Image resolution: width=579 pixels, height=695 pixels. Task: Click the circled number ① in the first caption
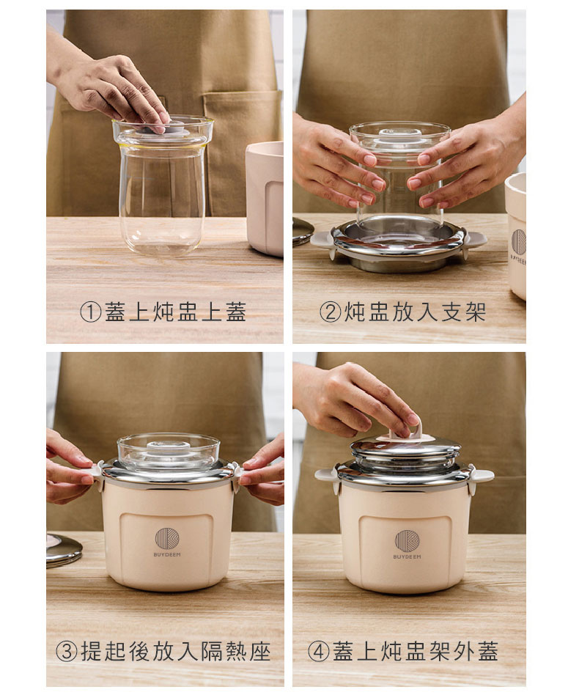pos(90,312)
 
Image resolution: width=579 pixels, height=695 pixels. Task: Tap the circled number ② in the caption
pos(330,312)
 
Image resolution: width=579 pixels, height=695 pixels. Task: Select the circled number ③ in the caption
pos(67,651)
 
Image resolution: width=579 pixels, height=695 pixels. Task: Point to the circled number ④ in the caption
pos(319,651)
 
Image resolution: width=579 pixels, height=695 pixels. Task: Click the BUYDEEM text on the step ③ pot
pos(167,554)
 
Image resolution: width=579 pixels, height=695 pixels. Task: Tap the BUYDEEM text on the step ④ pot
pos(407,556)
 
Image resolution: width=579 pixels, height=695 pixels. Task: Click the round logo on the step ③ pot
pos(167,538)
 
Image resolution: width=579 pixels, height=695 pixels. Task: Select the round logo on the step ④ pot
pos(407,540)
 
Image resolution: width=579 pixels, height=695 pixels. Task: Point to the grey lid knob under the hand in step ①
pos(153,128)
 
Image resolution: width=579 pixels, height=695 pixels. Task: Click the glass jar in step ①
pos(163,186)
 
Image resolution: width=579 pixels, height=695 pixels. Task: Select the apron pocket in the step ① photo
pos(243,151)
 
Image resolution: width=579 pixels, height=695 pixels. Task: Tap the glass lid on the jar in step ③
pos(168,451)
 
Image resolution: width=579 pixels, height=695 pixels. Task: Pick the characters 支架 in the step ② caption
pos(463,312)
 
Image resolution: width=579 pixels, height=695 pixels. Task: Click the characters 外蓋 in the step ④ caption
pos(476,651)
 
